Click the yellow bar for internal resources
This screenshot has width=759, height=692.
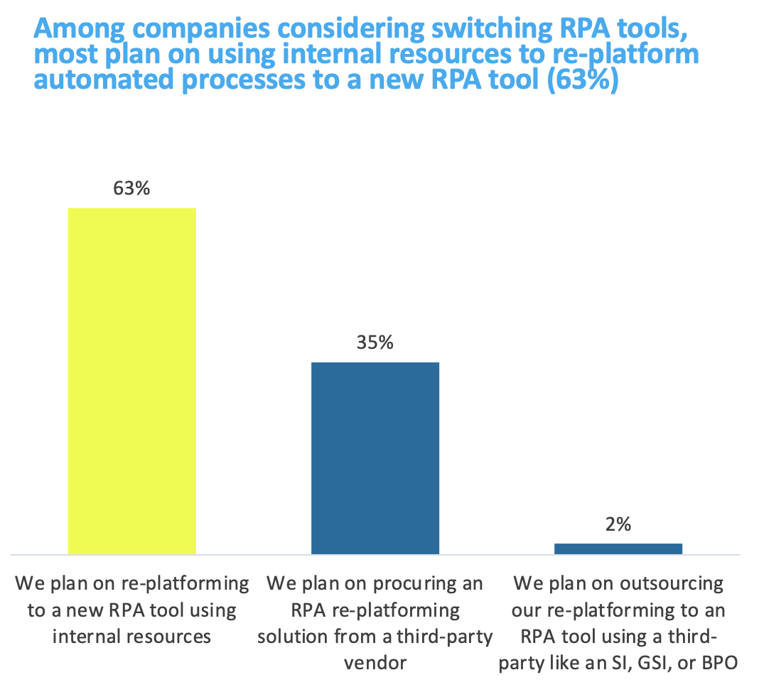pyautogui.click(x=131, y=380)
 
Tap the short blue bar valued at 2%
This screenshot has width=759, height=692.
pyautogui.click(x=618, y=548)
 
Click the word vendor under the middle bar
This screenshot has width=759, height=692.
pyautogui.click(x=375, y=663)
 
